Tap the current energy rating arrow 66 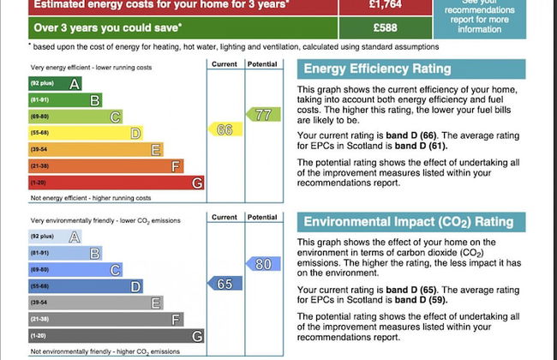[x=222, y=129]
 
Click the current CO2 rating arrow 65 [x=222, y=284]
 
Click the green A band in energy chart [x=56, y=83]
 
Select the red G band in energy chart [x=116, y=183]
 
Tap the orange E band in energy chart [x=95, y=149]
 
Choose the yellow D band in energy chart [x=85, y=133]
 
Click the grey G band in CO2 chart [x=116, y=336]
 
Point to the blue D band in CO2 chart [x=85, y=286]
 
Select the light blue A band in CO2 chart [x=56, y=237]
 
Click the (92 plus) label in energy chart [x=42, y=83]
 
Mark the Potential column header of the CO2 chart [x=261, y=218]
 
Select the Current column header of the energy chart [x=224, y=64]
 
